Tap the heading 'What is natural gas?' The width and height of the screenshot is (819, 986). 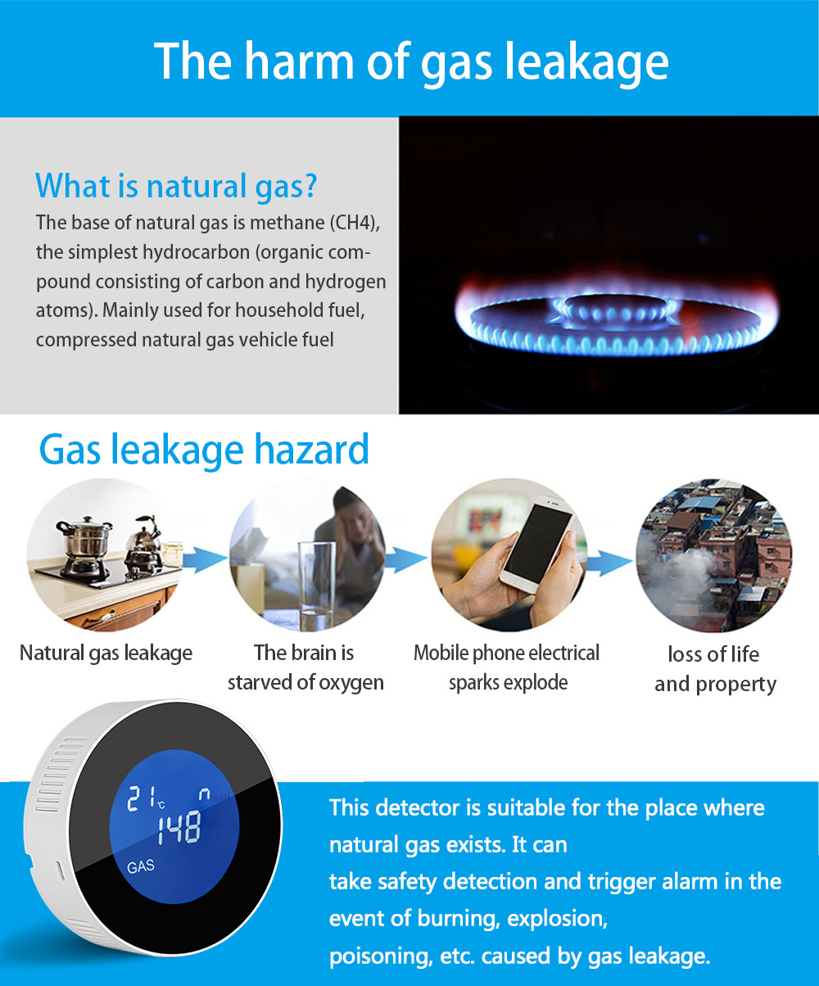tap(176, 186)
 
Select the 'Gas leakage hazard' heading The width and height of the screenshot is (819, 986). tap(204, 450)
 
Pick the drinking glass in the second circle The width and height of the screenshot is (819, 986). tap(316, 585)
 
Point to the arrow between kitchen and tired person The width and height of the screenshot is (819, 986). tap(204, 559)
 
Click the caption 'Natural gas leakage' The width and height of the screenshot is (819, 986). tap(106, 653)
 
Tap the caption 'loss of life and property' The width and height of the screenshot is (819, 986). tap(715, 669)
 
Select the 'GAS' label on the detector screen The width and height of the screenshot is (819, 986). tap(141, 866)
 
